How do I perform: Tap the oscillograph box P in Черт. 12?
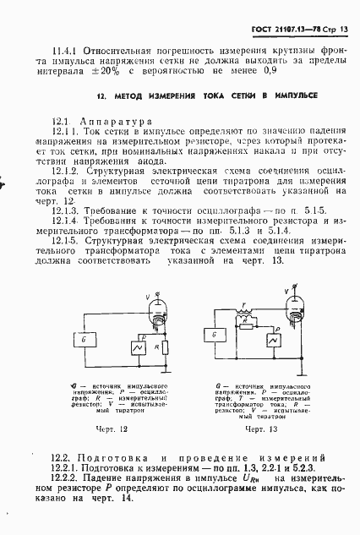point(130,347)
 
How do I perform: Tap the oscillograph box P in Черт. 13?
point(272,337)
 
